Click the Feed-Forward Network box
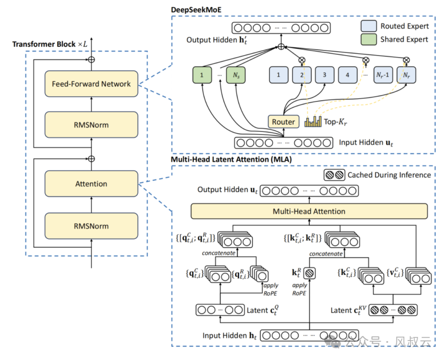[x=91, y=84]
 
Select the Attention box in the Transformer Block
[x=91, y=184]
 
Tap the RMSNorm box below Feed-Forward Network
[x=91, y=125]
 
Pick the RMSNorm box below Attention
[x=91, y=226]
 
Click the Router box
[x=283, y=122]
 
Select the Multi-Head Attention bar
[x=309, y=211]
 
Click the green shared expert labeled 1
[x=202, y=75]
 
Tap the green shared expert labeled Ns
[x=236, y=75]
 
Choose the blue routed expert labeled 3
[x=325, y=75]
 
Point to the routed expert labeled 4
[x=348, y=75]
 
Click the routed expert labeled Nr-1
[x=383, y=75]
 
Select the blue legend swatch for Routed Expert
[x=369, y=26]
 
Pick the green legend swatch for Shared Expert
[x=369, y=40]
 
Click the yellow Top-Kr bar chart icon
[x=313, y=121]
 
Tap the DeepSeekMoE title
[x=196, y=9]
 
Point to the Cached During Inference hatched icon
[x=334, y=175]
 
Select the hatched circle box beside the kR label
[x=309, y=273]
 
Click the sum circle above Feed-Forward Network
[x=91, y=60]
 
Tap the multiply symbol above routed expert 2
[x=302, y=60]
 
